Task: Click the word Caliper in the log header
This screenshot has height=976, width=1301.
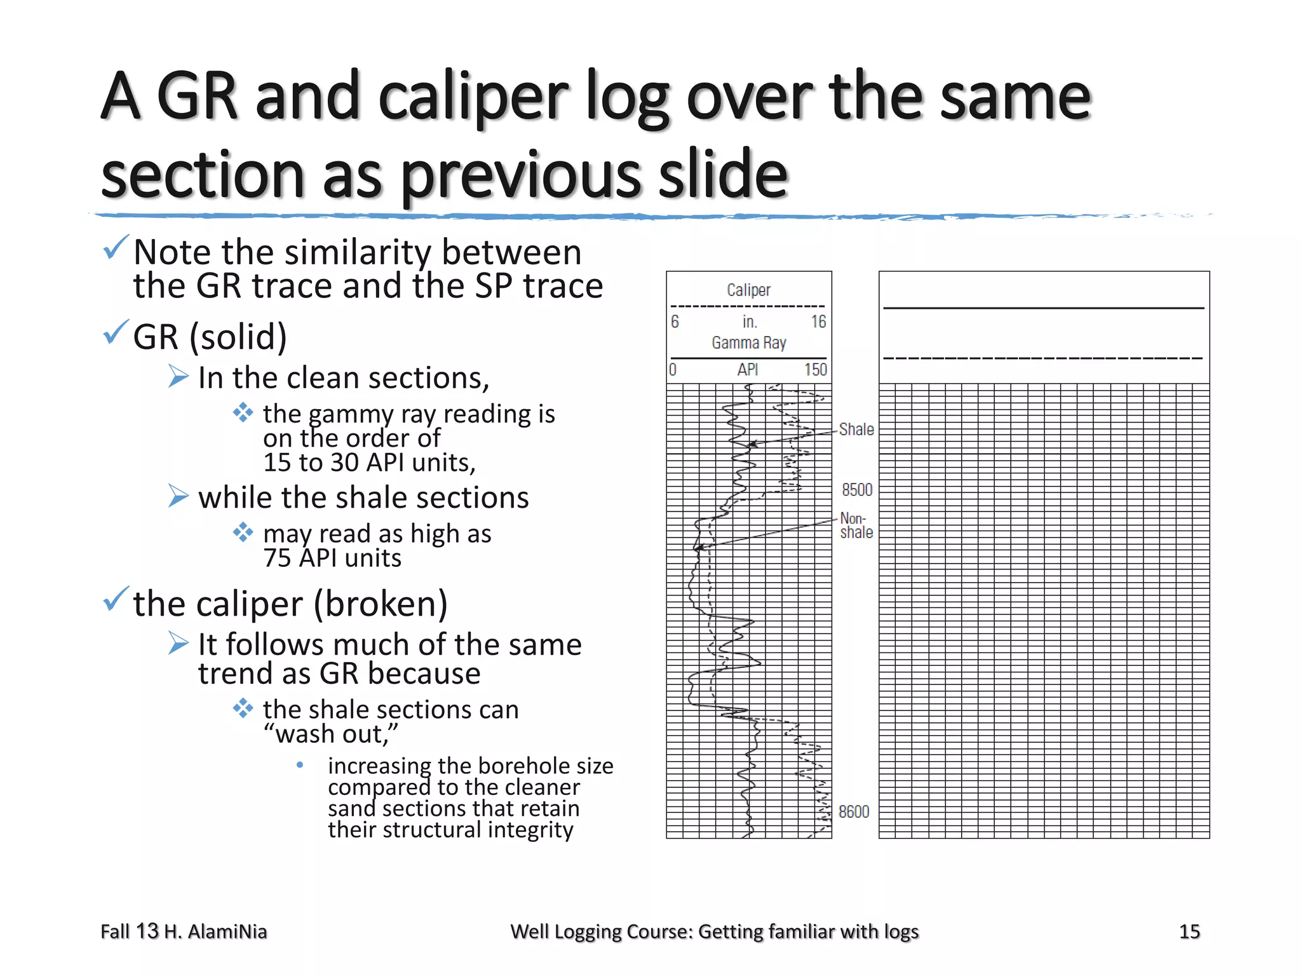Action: [748, 290]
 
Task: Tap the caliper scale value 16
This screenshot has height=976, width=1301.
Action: [818, 322]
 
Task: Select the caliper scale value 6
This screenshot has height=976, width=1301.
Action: [675, 322]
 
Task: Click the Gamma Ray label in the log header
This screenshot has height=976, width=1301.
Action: [749, 343]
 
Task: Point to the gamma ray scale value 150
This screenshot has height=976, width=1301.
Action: [815, 370]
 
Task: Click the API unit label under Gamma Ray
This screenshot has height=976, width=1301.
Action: [748, 370]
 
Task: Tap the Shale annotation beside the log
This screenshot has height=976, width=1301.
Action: [856, 430]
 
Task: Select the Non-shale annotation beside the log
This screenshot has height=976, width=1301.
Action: [856, 526]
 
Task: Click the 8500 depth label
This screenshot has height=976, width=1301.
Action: [857, 490]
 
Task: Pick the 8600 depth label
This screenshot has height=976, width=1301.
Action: [854, 812]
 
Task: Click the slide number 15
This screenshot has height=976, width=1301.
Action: [1189, 932]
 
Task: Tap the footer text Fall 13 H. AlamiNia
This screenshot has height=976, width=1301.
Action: [184, 932]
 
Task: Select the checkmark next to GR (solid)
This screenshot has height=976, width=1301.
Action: [116, 333]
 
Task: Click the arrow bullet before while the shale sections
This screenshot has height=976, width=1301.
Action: [179, 496]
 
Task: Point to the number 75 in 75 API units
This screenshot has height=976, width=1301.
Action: [277, 559]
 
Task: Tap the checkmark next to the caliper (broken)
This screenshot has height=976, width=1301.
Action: [116, 600]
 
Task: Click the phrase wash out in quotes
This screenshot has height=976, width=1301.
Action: [330, 735]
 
